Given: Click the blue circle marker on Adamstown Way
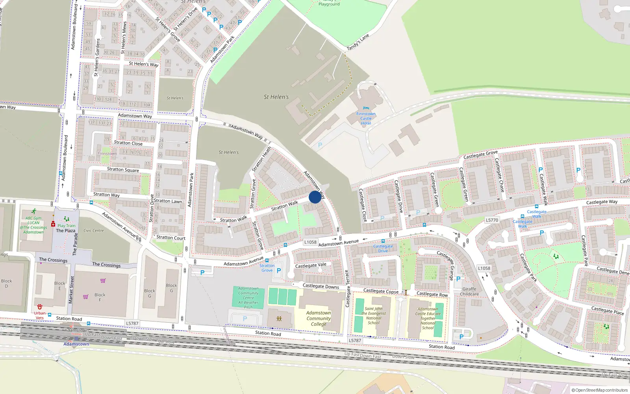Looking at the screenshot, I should click(315, 197).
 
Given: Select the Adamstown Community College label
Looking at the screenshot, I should click(319, 318).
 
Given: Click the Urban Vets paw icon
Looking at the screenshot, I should click(40, 307).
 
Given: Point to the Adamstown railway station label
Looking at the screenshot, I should click(76, 344).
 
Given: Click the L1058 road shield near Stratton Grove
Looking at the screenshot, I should click(310, 242).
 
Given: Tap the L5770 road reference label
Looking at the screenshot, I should click(492, 220).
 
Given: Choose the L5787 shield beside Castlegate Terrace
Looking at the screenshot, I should click(355, 340).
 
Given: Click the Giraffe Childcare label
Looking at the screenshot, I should click(469, 292).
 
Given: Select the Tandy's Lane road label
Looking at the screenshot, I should click(358, 42).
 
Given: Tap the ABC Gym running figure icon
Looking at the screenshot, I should click(34, 212).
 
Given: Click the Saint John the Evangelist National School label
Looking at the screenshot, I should click(374, 316).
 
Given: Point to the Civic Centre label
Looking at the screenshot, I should click(93, 230).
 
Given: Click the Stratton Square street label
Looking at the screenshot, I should click(123, 169).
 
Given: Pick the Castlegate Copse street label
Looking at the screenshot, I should click(381, 291).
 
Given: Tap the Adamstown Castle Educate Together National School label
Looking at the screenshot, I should click(428, 318).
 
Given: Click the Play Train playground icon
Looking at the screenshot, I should click(67, 219).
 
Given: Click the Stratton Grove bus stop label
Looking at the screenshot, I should click(267, 268).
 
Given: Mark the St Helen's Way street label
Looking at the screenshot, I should click(144, 64).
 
